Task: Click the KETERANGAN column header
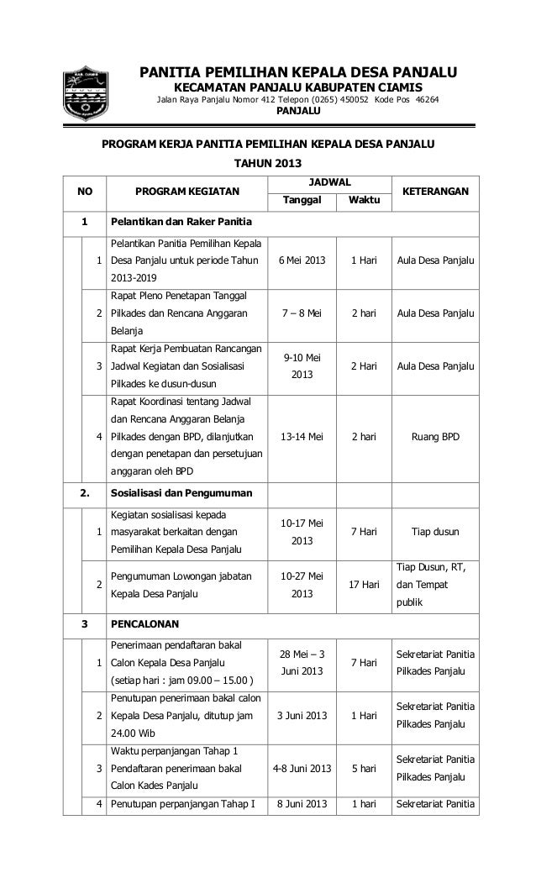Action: point(435,192)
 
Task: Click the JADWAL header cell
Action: point(330,181)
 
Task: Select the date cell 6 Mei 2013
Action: point(301,260)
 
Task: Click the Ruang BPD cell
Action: point(435,437)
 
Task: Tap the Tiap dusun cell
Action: point(435,531)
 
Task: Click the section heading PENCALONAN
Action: point(146,625)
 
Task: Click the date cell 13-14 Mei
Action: point(301,437)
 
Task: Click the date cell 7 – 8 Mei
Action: point(301,313)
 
